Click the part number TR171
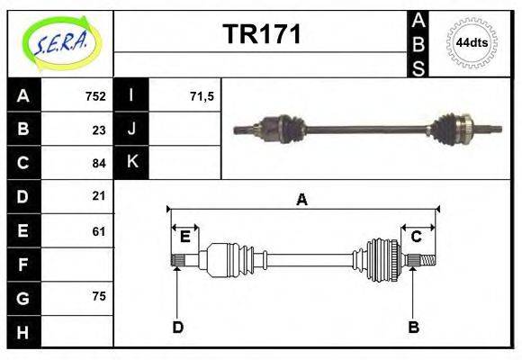pyautogui.click(x=261, y=35)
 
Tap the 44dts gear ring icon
pyautogui.click(x=472, y=42)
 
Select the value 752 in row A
pyautogui.click(x=95, y=95)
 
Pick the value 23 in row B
pyautogui.click(x=99, y=129)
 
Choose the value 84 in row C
pyautogui.click(x=99, y=163)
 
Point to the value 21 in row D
pyautogui.click(x=99, y=195)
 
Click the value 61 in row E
pyautogui.click(x=99, y=231)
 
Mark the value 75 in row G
pyautogui.click(x=99, y=295)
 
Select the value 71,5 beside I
pyautogui.click(x=202, y=95)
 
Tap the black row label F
pyautogui.click(x=23, y=265)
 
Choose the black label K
pyautogui.click(x=131, y=162)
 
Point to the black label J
pyautogui.click(x=131, y=129)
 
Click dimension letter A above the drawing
pyautogui.click(x=302, y=200)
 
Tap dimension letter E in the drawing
pyautogui.click(x=184, y=237)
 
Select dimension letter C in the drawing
pyautogui.click(x=417, y=237)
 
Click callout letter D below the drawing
pyautogui.click(x=178, y=327)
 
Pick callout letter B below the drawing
pyautogui.click(x=414, y=327)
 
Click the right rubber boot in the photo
pyautogui.click(x=446, y=128)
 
